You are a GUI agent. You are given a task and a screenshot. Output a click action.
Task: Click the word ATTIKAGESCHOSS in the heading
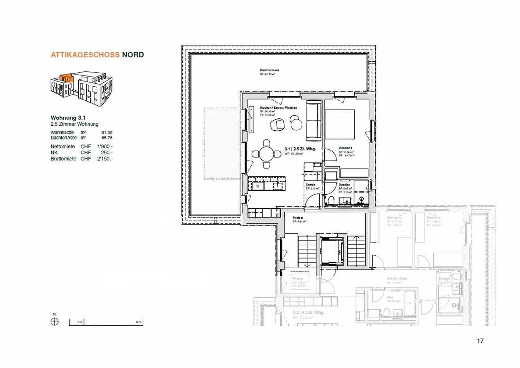[x=85, y=55]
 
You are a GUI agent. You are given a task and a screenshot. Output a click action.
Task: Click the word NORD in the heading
[x=133, y=55]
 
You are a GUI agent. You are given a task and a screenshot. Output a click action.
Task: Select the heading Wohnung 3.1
[x=68, y=118]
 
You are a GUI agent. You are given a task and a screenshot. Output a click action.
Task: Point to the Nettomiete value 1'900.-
[x=105, y=147]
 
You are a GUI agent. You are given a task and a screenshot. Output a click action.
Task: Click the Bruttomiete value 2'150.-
[x=105, y=159]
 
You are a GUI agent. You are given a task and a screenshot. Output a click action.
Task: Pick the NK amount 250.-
[x=107, y=153]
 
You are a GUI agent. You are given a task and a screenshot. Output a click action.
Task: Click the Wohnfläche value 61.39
[x=107, y=133]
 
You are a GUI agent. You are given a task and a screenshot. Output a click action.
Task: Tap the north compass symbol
[x=55, y=322]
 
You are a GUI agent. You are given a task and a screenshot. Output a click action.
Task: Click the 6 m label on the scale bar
[x=139, y=322]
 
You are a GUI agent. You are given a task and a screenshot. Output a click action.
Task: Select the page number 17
[x=480, y=341]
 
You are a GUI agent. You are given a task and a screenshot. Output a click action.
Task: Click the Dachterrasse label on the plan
[x=269, y=70]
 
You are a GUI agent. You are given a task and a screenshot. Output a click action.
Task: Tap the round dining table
[x=266, y=154]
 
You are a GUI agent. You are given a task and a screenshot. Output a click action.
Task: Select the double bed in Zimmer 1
[x=339, y=124]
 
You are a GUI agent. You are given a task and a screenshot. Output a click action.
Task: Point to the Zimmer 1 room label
[x=345, y=148]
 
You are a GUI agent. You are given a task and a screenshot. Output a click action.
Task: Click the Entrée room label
[x=310, y=185]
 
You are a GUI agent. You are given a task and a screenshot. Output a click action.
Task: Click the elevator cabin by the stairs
[x=331, y=251]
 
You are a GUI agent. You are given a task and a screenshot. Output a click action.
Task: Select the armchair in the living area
[x=278, y=125]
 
